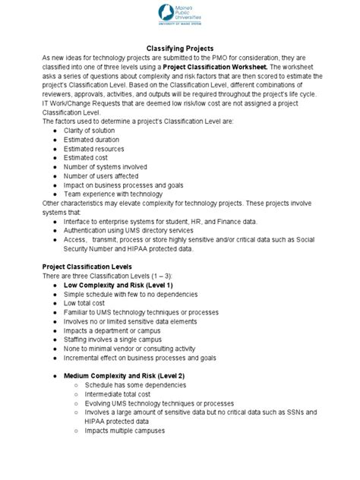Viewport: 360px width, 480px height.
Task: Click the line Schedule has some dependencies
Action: click(138, 385)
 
